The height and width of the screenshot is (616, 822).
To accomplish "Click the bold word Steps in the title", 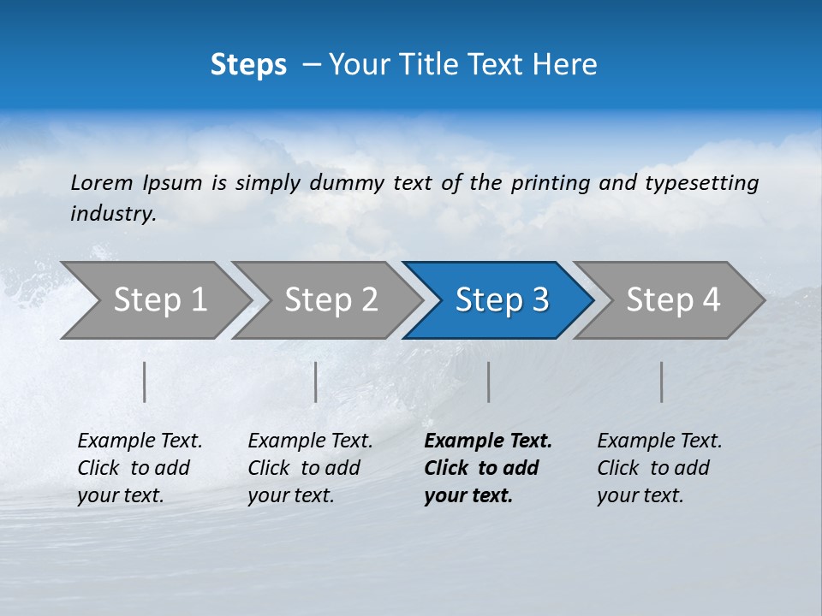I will click(x=248, y=65).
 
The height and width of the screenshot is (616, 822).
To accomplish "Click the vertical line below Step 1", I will click(x=145, y=382).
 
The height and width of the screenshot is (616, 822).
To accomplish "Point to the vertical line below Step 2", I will click(x=316, y=382).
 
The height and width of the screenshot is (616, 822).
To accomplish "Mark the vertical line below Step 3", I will click(x=489, y=382).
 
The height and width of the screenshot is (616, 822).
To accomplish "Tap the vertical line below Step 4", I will click(x=662, y=382).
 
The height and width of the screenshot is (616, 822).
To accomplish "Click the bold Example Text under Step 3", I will click(x=488, y=441).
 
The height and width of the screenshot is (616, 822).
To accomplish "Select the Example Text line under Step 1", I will click(x=140, y=441).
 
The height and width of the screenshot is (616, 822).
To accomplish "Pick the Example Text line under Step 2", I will click(x=310, y=441).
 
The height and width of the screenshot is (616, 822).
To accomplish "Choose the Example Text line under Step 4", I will click(x=659, y=441).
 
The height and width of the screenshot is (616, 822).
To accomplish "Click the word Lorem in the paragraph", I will click(x=101, y=182).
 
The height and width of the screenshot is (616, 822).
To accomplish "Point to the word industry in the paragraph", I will click(x=113, y=213).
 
